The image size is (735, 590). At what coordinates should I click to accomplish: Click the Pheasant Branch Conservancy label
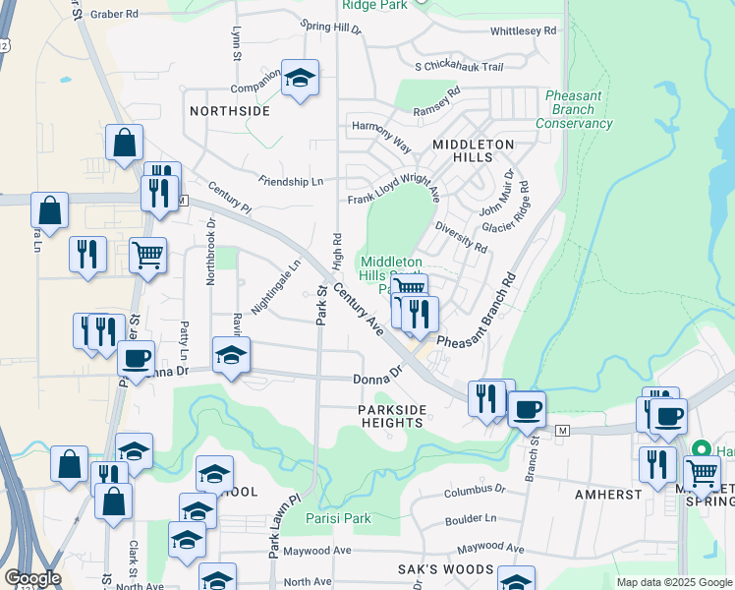[x=574, y=109]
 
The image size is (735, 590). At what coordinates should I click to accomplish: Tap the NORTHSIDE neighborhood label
[x=230, y=111]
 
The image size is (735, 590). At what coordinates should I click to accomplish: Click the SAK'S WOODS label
[x=452, y=569]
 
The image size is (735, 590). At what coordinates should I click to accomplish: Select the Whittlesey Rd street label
[x=524, y=30]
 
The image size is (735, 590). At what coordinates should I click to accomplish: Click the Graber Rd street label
[x=114, y=15]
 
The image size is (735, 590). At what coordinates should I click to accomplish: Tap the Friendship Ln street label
[x=291, y=181]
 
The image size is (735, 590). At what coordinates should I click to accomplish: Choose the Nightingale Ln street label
[x=275, y=287]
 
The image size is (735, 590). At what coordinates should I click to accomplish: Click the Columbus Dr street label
[x=474, y=489]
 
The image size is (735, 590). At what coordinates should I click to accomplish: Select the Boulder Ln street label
[x=470, y=518]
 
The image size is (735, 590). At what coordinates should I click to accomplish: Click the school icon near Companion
[x=300, y=78]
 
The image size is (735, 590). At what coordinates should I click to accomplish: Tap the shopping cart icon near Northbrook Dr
[x=147, y=255]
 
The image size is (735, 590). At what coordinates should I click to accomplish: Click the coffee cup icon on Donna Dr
[x=136, y=357]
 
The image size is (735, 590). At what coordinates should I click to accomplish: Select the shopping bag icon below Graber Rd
[x=125, y=144]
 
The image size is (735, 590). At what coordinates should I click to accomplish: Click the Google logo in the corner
[x=32, y=578]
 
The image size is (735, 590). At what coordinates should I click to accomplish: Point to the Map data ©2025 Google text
[x=673, y=582]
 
